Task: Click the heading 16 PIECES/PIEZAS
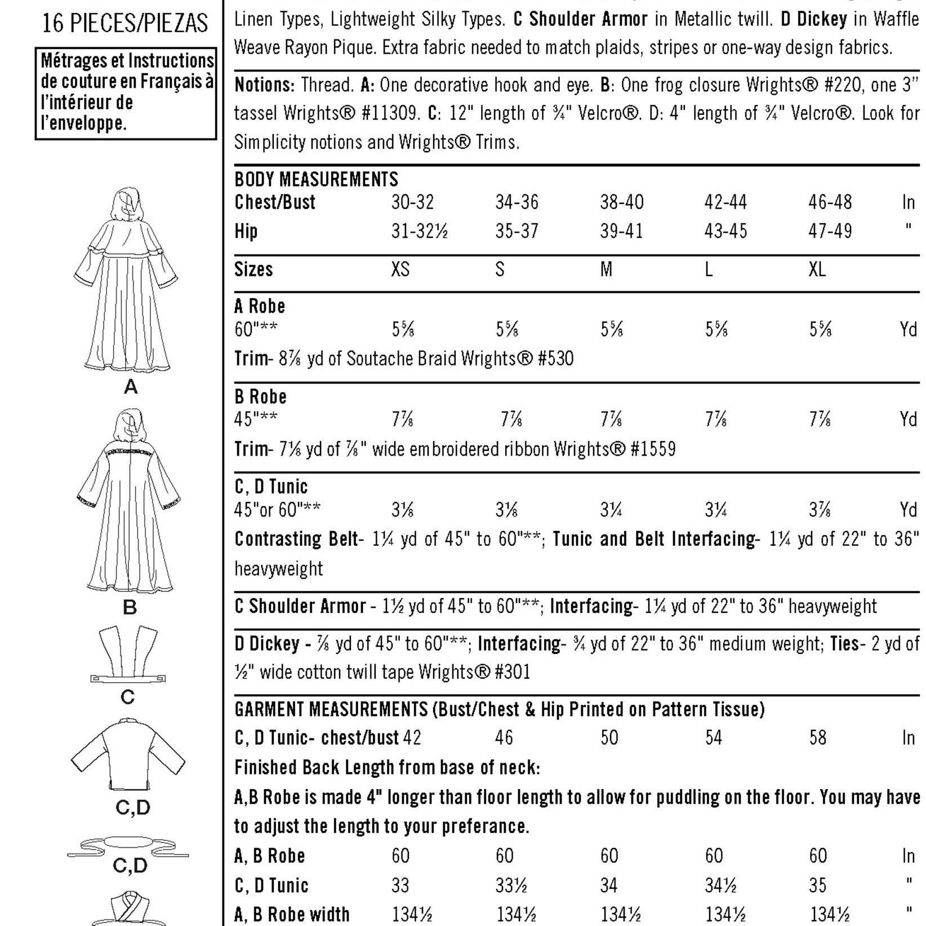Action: click(x=125, y=23)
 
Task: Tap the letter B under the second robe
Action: click(x=130, y=608)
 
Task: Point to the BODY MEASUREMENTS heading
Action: click(x=316, y=179)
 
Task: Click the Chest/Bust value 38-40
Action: click(x=621, y=202)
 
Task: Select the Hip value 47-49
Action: click(x=830, y=231)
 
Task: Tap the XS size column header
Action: click(x=400, y=269)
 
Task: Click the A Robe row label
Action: click(x=260, y=306)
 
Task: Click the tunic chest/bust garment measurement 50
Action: click(x=609, y=737)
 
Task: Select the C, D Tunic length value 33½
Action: click(x=511, y=885)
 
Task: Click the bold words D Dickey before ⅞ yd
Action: click(x=267, y=643)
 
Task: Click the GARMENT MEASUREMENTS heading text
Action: click(x=331, y=709)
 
